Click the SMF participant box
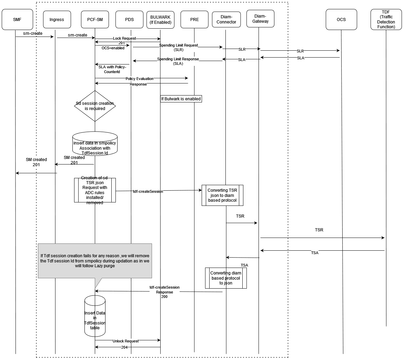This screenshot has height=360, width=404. pyautogui.click(x=17, y=20)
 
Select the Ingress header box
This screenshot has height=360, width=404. pyautogui.click(x=57, y=20)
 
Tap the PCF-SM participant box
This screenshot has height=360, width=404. pyautogui.click(x=95, y=20)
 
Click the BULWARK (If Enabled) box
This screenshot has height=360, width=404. pyautogui.click(x=160, y=20)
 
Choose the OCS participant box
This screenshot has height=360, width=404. pyautogui.click(x=341, y=20)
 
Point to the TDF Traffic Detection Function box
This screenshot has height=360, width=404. pyautogui.click(x=386, y=20)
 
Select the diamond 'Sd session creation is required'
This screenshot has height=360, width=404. pyautogui.click(x=95, y=106)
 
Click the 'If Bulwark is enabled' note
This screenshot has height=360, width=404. pyautogui.click(x=181, y=99)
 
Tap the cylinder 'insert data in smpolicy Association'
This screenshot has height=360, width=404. pyautogui.click(x=95, y=143)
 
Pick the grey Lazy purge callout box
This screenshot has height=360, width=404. pyautogui.click(x=95, y=261)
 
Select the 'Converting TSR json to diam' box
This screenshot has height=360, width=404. pyautogui.click(x=222, y=196)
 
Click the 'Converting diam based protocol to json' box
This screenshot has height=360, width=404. pyautogui.click(x=226, y=278)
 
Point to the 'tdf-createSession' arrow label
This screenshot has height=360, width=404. pyautogui.click(x=148, y=191)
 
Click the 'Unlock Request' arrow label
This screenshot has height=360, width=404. pyautogui.click(x=125, y=341)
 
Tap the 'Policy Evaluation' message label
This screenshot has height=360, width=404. pyautogui.click(x=139, y=79)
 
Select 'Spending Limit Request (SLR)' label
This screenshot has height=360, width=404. pyautogui.click(x=178, y=48)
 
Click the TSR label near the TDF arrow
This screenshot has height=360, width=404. pyautogui.click(x=319, y=230)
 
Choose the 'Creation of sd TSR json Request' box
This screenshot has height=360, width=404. pyautogui.click(x=95, y=190)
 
